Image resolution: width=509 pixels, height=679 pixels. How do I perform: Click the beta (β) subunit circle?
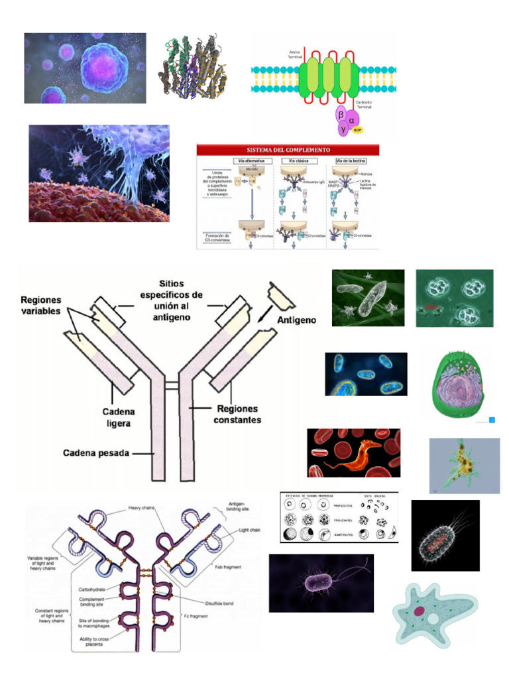[x=341, y=115]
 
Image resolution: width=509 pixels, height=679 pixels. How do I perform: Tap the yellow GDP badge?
[x=359, y=131]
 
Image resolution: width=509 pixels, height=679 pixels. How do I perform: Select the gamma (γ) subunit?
[x=343, y=129]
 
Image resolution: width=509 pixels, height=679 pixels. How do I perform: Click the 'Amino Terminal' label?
[x=295, y=54]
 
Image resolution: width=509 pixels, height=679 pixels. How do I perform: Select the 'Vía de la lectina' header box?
[x=351, y=161]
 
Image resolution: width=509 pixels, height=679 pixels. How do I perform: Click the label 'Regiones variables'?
[x=40, y=305]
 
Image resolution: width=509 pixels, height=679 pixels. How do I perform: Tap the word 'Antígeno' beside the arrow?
[x=296, y=320]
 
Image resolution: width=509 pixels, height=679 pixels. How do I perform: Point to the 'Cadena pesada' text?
[x=96, y=454]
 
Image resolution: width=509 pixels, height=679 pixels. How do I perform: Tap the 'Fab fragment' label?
[x=227, y=567]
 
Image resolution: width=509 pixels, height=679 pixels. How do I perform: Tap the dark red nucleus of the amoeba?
[x=420, y=611]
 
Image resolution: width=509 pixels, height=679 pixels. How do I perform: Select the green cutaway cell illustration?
[x=459, y=385]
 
